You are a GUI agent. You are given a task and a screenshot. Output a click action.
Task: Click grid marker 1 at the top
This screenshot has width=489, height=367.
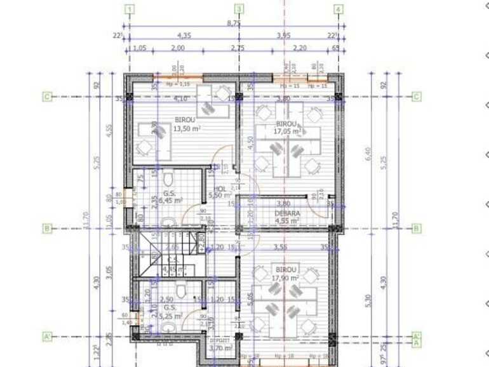pyautogui.click(x=130, y=10)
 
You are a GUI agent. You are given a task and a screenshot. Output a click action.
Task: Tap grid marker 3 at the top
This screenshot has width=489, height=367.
pyautogui.click(x=239, y=10)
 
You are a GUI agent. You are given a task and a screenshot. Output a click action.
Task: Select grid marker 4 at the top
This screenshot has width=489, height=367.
pyautogui.click(x=338, y=10)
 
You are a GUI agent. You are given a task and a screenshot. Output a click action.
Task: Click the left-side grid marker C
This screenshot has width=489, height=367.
pyautogui.click(x=47, y=97)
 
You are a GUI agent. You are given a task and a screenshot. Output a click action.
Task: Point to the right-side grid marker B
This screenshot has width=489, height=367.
pyautogui.click(x=417, y=228)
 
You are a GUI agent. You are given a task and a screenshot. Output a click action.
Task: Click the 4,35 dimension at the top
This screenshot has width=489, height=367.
pyautogui.click(x=184, y=36)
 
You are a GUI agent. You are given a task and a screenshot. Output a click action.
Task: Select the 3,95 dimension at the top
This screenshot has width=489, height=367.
pyautogui.click(x=284, y=36)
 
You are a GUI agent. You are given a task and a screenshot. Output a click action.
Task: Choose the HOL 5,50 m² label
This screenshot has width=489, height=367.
pyautogui.click(x=220, y=193)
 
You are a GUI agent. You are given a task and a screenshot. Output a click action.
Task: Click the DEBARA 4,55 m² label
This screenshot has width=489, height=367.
pyautogui.click(x=287, y=217)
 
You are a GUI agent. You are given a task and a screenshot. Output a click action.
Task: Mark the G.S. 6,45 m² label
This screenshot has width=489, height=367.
pyautogui.click(x=170, y=197)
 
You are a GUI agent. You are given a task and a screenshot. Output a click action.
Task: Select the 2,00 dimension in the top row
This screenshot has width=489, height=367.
pyautogui.click(x=177, y=48)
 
